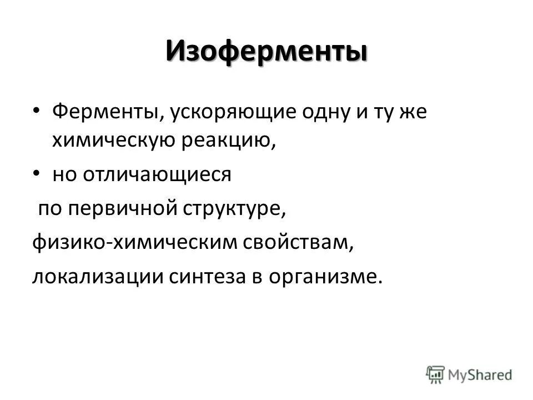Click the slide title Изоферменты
266,53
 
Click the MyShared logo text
480,374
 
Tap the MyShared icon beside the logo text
436,374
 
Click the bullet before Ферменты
36,111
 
